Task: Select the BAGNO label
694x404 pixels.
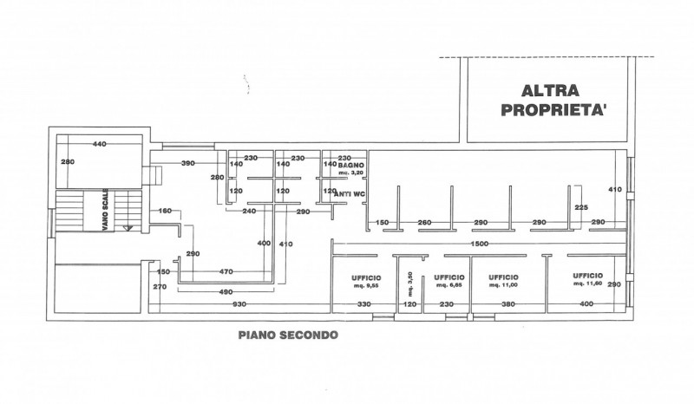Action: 351,164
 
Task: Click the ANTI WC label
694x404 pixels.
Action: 348,193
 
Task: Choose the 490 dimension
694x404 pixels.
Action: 226,290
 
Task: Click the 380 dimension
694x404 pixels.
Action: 508,304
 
